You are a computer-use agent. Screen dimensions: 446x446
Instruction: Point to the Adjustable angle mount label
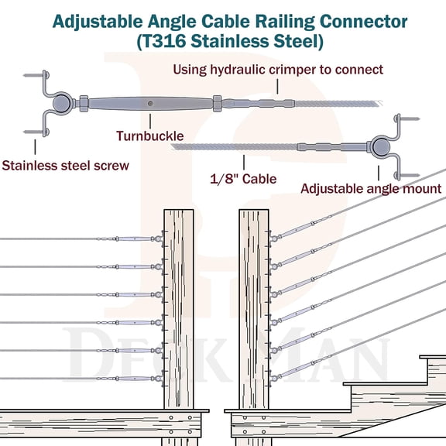pyautogui.click(x=371, y=188)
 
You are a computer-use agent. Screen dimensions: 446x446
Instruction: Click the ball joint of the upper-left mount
pyautogui.click(x=60, y=103)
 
